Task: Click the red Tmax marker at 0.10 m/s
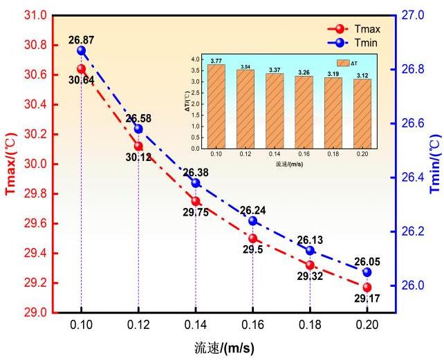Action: point(82,68)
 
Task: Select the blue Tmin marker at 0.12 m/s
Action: point(138,129)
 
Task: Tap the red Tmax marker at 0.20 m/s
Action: point(367,287)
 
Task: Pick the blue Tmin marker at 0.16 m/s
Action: point(252,221)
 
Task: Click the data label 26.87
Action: point(81,41)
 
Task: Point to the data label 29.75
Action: point(196,213)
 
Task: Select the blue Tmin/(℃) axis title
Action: point(434,164)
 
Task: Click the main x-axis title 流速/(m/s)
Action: point(223,348)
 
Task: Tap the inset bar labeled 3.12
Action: point(362,114)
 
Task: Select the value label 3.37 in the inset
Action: point(275,69)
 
